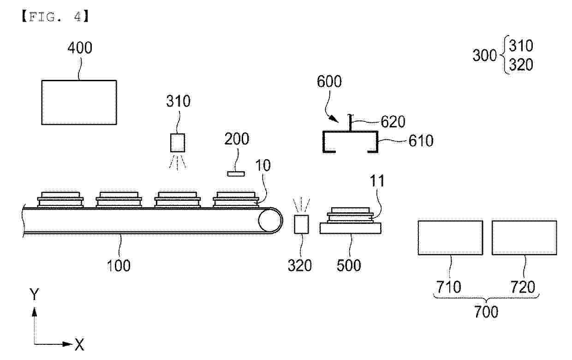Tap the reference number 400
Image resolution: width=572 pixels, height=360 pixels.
(x=80, y=48)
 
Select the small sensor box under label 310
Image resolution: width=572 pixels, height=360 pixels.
(x=178, y=143)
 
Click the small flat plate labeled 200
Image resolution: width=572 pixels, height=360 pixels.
(x=236, y=174)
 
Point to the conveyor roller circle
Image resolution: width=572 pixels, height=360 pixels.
(x=270, y=220)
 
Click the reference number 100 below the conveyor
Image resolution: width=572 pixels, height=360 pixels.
(x=119, y=265)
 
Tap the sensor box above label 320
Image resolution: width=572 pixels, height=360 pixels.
(x=301, y=224)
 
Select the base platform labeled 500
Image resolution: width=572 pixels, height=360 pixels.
(x=351, y=228)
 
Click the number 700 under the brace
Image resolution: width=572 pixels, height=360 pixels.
(x=486, y=312)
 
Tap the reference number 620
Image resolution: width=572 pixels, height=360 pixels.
(x=393, y=122)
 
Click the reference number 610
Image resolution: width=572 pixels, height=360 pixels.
(x=421, y=141)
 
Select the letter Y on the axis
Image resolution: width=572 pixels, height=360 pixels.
(x=34, y=294)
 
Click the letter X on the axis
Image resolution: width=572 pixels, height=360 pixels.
(x=79, y=345)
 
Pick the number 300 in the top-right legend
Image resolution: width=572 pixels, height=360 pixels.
(x=484, y=55)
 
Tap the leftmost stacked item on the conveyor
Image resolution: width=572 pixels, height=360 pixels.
(x=60, y=200)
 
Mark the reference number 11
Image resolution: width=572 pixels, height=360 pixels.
(x=377, y=181)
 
